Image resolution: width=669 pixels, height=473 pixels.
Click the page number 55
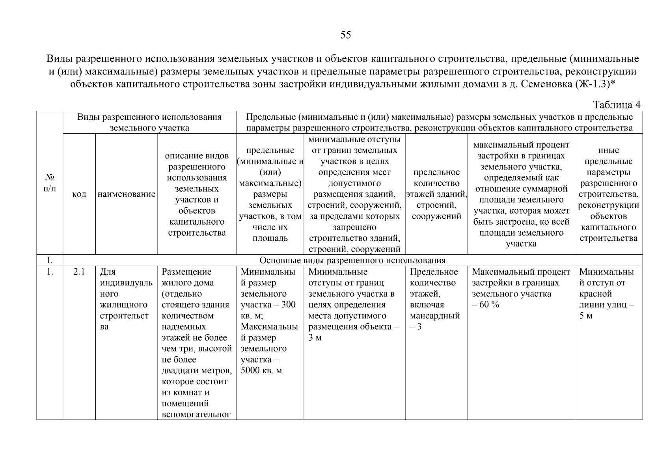tap(345, 35)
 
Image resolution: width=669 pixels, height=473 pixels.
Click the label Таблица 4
tap(617, 105)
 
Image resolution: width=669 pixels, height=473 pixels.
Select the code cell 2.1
tap(79, 272)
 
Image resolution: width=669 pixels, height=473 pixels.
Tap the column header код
tap(79, 194)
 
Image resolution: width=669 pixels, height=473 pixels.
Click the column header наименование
tap(126, 194)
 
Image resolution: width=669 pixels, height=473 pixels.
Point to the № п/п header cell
tap(50, 183)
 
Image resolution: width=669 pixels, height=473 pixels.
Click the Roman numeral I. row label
tap(50, 261)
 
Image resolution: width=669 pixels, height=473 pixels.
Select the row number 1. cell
tap(50, 272)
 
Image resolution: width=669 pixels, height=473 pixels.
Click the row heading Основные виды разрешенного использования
tap(352, 261)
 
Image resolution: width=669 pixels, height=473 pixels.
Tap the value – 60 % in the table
tap(486, 305)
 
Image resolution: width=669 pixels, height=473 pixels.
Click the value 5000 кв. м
tap(261, 371)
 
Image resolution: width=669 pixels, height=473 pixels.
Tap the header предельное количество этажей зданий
tap(436, 194)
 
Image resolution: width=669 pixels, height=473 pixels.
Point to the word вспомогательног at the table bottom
tap(196, 415)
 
